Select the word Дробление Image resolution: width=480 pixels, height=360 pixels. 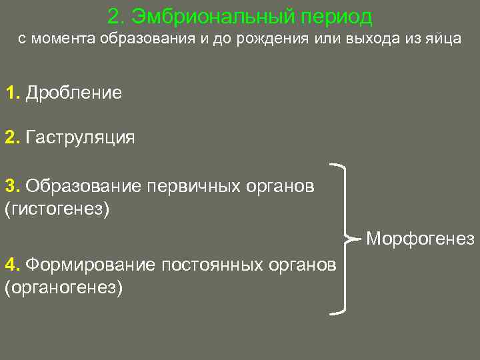click(x=74, y=93)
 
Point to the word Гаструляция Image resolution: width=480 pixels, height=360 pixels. click(x=81, y=138)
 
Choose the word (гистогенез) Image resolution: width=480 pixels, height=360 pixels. click(x=56, y=209)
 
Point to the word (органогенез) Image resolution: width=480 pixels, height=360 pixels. click(x=64, y=288)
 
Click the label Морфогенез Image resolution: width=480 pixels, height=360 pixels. click(x=420, y=238)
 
